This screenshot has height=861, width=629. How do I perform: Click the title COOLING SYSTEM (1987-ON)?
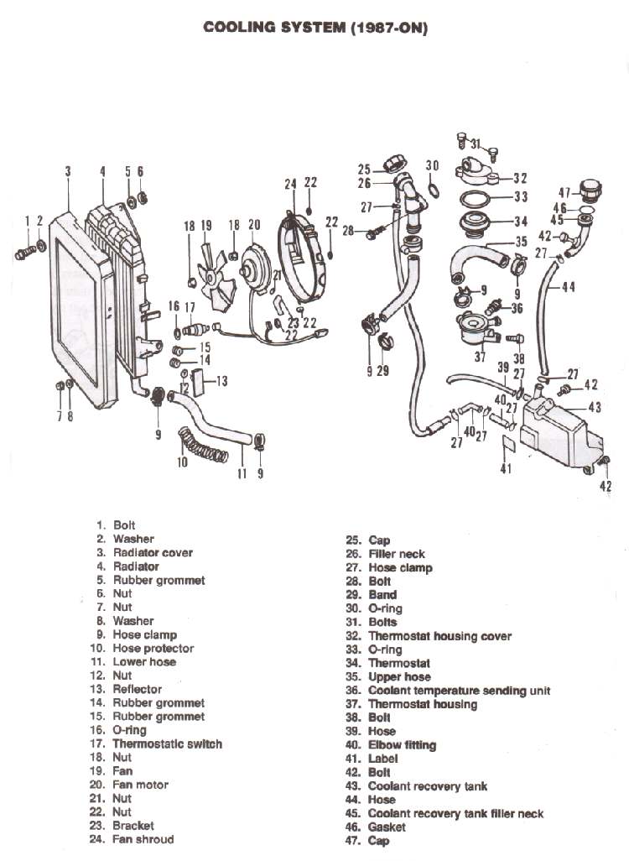point(315,28)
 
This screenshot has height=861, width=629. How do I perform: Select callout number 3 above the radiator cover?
point(68,171)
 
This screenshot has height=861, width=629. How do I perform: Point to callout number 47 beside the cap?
point(564,192)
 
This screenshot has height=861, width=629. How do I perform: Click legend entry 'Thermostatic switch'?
point(167,744)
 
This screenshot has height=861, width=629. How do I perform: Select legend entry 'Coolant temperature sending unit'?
point(459,691)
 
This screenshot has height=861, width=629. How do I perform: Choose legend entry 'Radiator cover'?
point(153,552)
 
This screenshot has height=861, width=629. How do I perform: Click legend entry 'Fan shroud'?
point(143,839)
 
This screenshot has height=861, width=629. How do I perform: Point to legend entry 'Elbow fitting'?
point(402,745)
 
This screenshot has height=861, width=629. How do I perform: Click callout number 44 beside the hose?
point(568,287)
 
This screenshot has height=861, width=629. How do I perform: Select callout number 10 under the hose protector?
point(182,462)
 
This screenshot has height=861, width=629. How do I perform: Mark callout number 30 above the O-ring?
point(432,166)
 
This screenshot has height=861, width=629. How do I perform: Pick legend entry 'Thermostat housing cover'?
point(439,636)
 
